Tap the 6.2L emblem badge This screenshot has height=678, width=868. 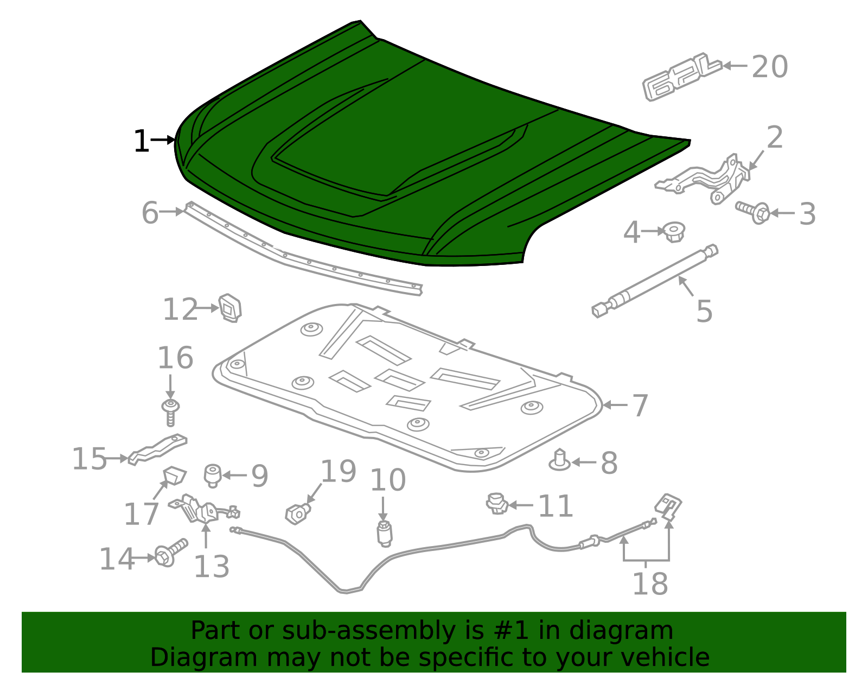tap(681, 77)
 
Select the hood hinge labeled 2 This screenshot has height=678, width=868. tap(705, 179)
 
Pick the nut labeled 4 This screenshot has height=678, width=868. tap(674, 232)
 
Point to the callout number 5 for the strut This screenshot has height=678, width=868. tap(704, 311)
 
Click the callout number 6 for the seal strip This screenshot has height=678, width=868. tap(150, 213)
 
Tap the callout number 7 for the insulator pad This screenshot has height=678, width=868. tap(640, 405)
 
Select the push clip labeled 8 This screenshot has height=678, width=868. tap(559, 460)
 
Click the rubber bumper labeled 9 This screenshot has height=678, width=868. tap(213, 475)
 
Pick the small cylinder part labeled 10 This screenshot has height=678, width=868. tap(384, 534)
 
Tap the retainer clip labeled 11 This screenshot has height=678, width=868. tap(496, 504)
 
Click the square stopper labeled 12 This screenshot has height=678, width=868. tap(230, 308)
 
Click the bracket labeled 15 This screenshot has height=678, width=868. tap(157, 449)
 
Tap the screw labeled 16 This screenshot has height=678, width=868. tap(170, 414)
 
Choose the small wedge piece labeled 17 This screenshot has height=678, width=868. tap(175, 476)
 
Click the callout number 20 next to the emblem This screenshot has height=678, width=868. tap(769, 67)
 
